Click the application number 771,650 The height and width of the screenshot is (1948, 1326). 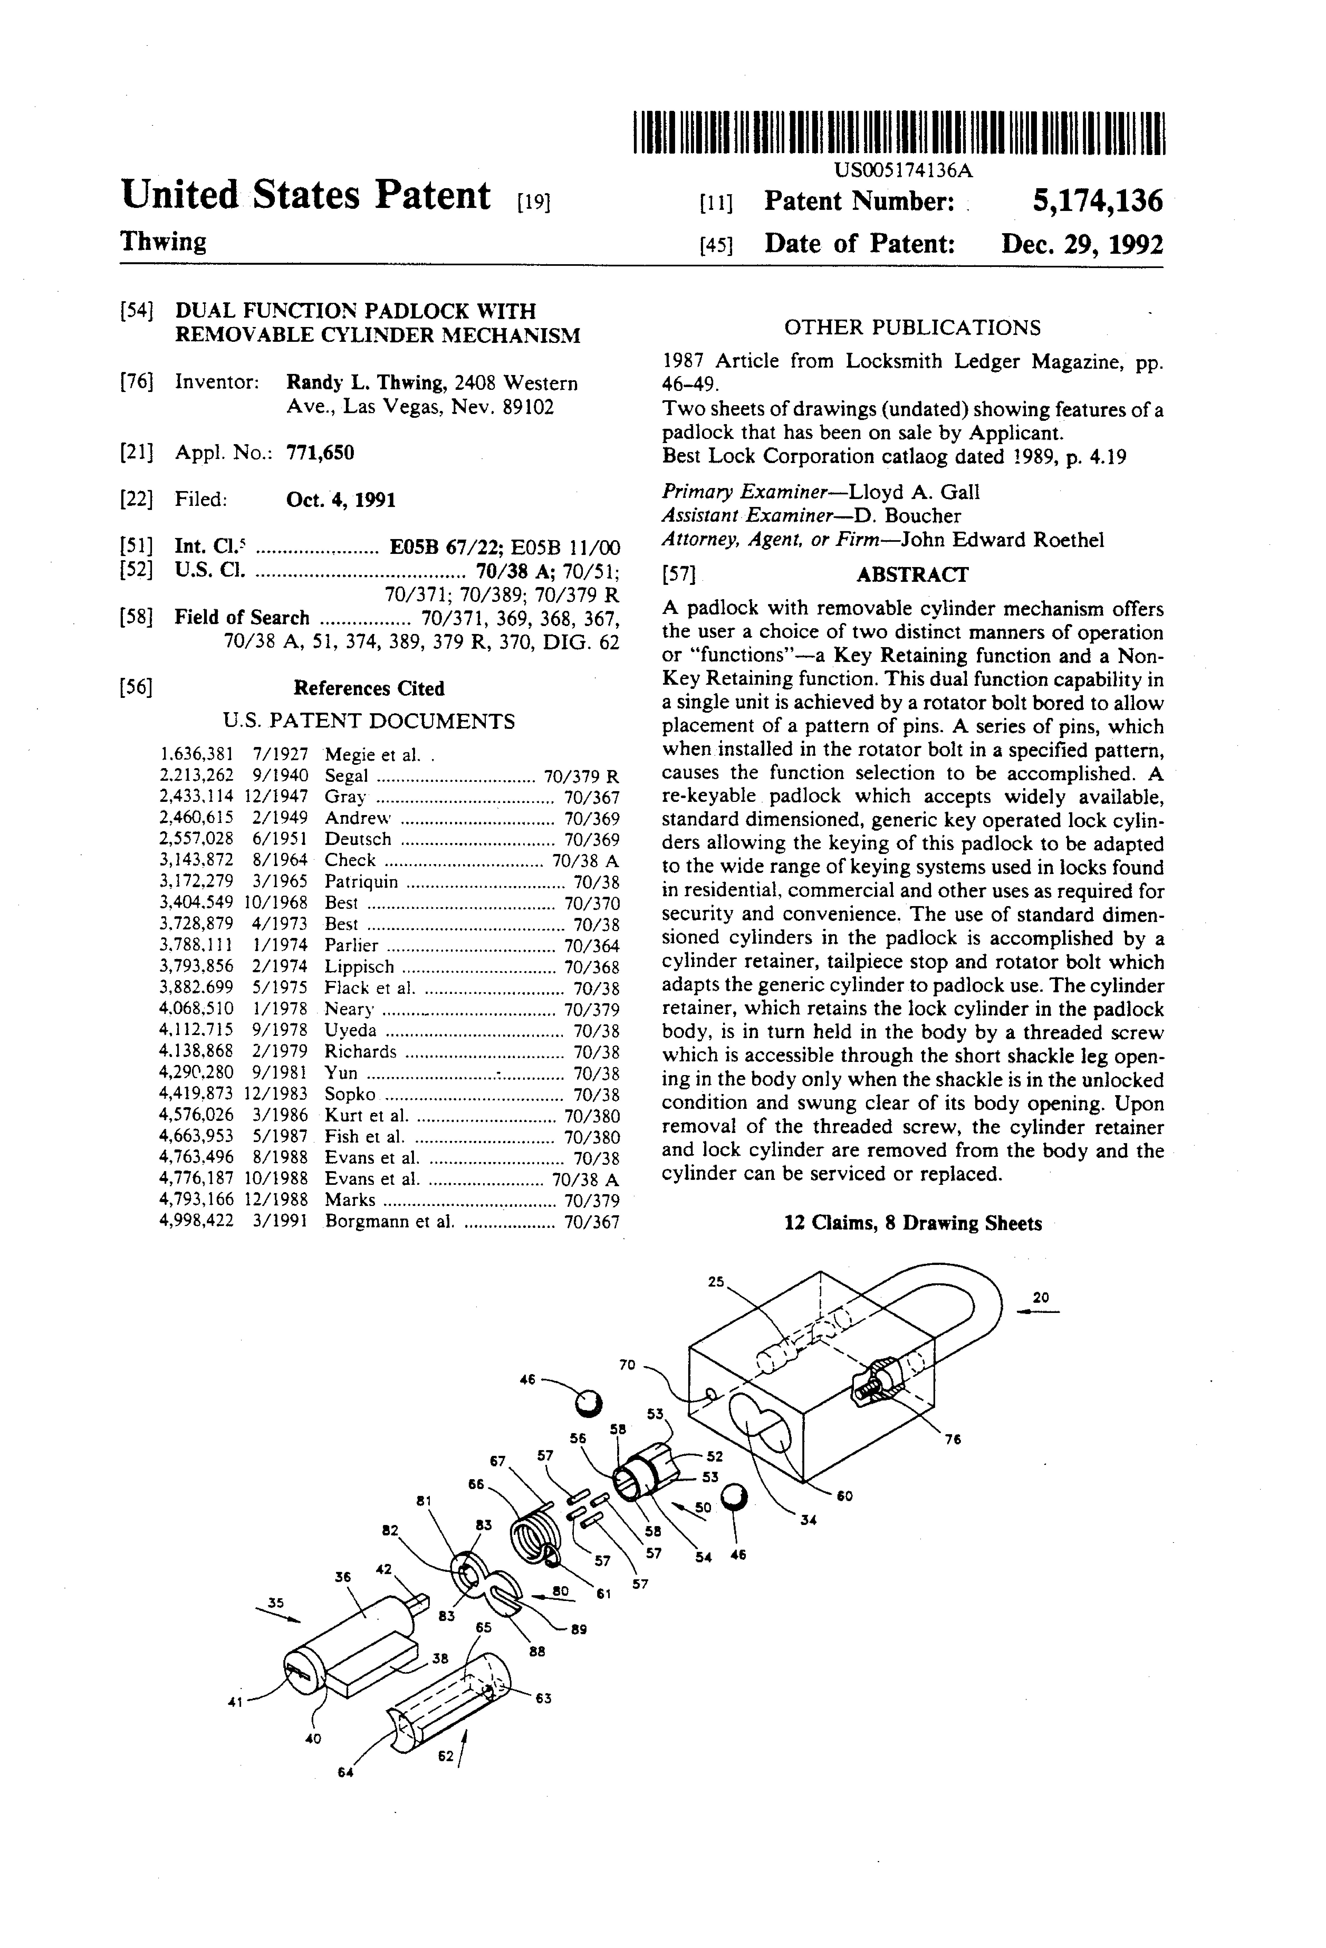point(320,453)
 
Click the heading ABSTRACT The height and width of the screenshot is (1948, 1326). point(912,575)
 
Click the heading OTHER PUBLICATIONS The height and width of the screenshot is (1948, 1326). point(912,328)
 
